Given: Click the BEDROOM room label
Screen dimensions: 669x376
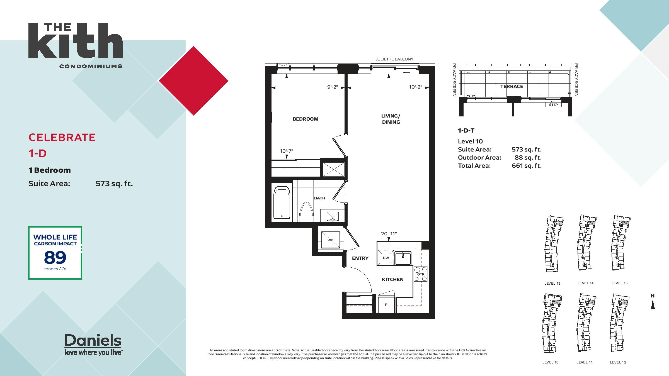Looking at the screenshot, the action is click(x=305, y=119).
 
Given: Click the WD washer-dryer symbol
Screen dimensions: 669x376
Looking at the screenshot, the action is click(x=331, y=240).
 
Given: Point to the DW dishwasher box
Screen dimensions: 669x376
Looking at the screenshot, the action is click(x=386, y=258).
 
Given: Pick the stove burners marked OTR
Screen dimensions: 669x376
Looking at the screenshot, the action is click(x=421, y=274).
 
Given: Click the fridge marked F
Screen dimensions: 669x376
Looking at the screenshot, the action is click(x=386, y=305).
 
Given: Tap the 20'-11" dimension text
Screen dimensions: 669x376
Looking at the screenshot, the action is click(x=389, y=234).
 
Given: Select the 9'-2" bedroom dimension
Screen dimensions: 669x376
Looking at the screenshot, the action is click(x=333, y=87).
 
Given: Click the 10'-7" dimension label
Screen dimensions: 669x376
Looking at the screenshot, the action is click(x=286, y=151).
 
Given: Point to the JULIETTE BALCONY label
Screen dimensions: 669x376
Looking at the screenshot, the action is click(x=394, y=59).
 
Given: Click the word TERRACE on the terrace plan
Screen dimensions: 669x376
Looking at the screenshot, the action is click(x=512, y=86).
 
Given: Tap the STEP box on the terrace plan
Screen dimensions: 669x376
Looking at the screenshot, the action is click(x=553, y=105).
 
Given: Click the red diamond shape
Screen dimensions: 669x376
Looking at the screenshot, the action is click(x=193, y=81).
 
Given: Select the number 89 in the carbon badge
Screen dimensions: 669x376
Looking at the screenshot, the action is click(x=55, y=258).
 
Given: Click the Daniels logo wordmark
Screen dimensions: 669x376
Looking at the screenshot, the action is click(x=93, y=341).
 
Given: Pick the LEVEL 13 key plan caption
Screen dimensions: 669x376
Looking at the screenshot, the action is click(x=552, y=283).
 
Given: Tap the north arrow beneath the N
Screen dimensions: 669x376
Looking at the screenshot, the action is click(x=653, y=305).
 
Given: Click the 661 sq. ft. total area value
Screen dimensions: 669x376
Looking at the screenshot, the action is click(x=527, y=166).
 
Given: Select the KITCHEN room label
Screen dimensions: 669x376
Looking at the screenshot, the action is click(x=392, y=279).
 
